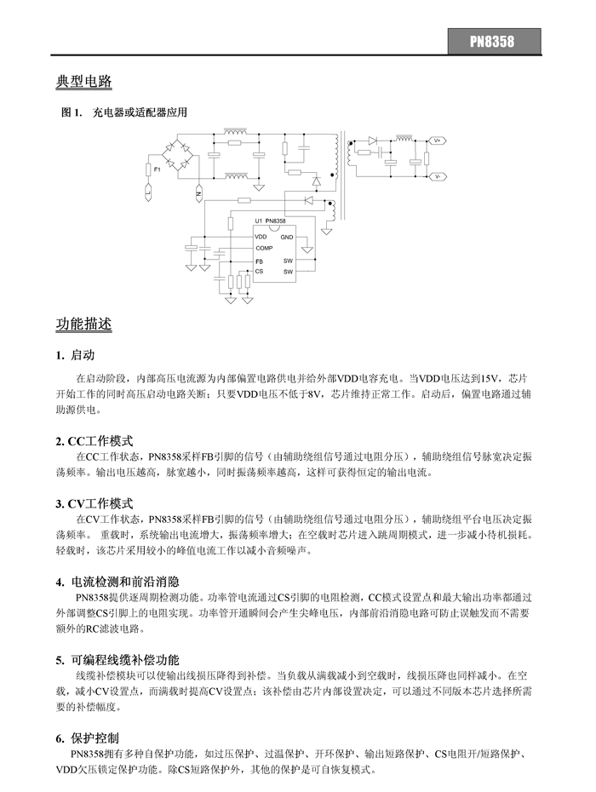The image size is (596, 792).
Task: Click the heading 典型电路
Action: pyautogui.click(x=83, y=83)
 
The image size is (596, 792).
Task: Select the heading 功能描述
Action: pyautogui.click(x=83, y=324)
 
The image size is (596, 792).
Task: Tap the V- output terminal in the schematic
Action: pyautogui.click(x=436, y=176)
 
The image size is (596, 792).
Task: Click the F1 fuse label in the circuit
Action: pyautogui.click(x=157, y=170)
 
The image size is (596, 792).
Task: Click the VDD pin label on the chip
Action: pyautogui.click(x=261, y=236)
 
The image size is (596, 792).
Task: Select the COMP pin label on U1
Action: pyautogui.click(x=264, y=247)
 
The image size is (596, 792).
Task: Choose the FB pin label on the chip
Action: pyautogui.click(x=259, y=261)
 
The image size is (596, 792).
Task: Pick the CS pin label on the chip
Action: pyautogui.click(x=259, y=271)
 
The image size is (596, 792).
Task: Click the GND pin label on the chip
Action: pyautogui.click(x=287, y=236)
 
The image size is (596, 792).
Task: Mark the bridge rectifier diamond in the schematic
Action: pyautogui.click(x=181, y=157)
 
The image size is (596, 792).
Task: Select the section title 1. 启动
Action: pyautogui.click(x=75, y=355)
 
